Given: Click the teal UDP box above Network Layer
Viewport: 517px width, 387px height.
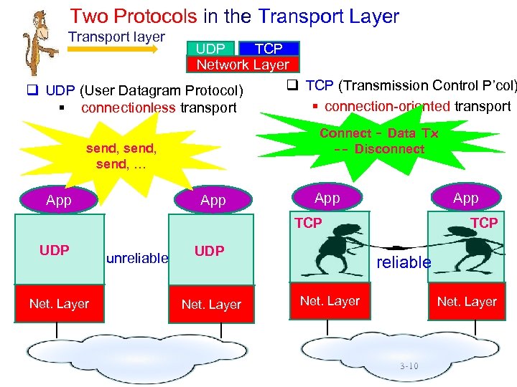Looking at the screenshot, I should pos(210,48).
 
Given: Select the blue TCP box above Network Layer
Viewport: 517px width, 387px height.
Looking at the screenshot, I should pos(269,48).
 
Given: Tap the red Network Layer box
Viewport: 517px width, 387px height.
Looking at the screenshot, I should pos(243,64).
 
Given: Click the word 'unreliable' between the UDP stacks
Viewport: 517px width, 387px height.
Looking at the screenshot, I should pos(136,258).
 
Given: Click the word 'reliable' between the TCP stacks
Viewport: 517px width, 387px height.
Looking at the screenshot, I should pos(404,262).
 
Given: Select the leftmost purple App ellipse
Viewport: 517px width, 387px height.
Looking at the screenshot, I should pos(59,201).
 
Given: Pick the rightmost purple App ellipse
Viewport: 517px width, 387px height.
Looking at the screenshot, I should pos(465,198).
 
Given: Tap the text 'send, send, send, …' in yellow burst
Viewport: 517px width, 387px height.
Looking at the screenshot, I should pos(121,156).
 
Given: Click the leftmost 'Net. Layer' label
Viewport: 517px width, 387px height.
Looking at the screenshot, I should pos(59,304).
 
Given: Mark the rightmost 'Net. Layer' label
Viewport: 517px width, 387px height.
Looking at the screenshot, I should pos(467,302).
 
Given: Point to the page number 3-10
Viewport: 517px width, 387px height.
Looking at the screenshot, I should pos(409,365).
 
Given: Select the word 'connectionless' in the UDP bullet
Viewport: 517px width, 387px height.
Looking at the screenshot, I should pos(128,108).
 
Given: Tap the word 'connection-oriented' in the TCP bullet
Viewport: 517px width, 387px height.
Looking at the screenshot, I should pos(387,106).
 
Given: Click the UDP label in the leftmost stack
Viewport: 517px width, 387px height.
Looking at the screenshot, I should pos(55,250).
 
